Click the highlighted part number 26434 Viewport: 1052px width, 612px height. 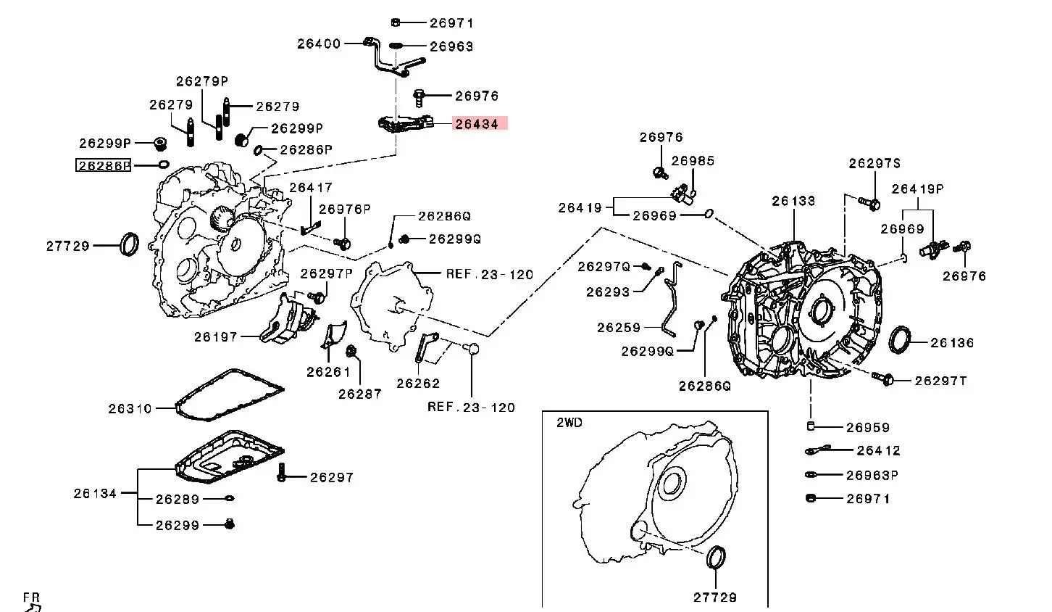click(x=477, y=124)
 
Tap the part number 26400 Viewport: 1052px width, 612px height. click(x=319, y=44)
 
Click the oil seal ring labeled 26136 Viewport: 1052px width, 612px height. click(x=901, y=340)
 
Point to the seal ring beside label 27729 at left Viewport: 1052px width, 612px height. click(x=129, y=244)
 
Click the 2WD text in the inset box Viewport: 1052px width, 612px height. click(x=569, y=423)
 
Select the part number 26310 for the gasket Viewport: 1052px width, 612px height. click(x=130, y=408)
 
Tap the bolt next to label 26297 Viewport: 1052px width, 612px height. click(x=283, y=474)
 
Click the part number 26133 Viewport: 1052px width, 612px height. click(x=793, y=201)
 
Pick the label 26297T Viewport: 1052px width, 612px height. click(x=940, y=381)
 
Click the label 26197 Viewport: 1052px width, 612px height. click(x=216, y=336)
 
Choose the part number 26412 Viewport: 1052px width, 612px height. click(x=878, y=450)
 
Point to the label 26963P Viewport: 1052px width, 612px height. click(x=872, y=475)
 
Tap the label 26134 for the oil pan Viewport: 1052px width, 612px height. click(x=95, y=493)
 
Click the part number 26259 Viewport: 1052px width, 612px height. click(x=619, y=328)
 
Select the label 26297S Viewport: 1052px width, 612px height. click(x=874, y=163)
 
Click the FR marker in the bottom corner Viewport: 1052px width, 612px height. click(x=31, y=597)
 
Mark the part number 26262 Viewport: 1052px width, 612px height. click(x=418, y=384)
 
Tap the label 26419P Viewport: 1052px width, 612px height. click(x=917, y=189)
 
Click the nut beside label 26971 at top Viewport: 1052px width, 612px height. click(x=396, y=22)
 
